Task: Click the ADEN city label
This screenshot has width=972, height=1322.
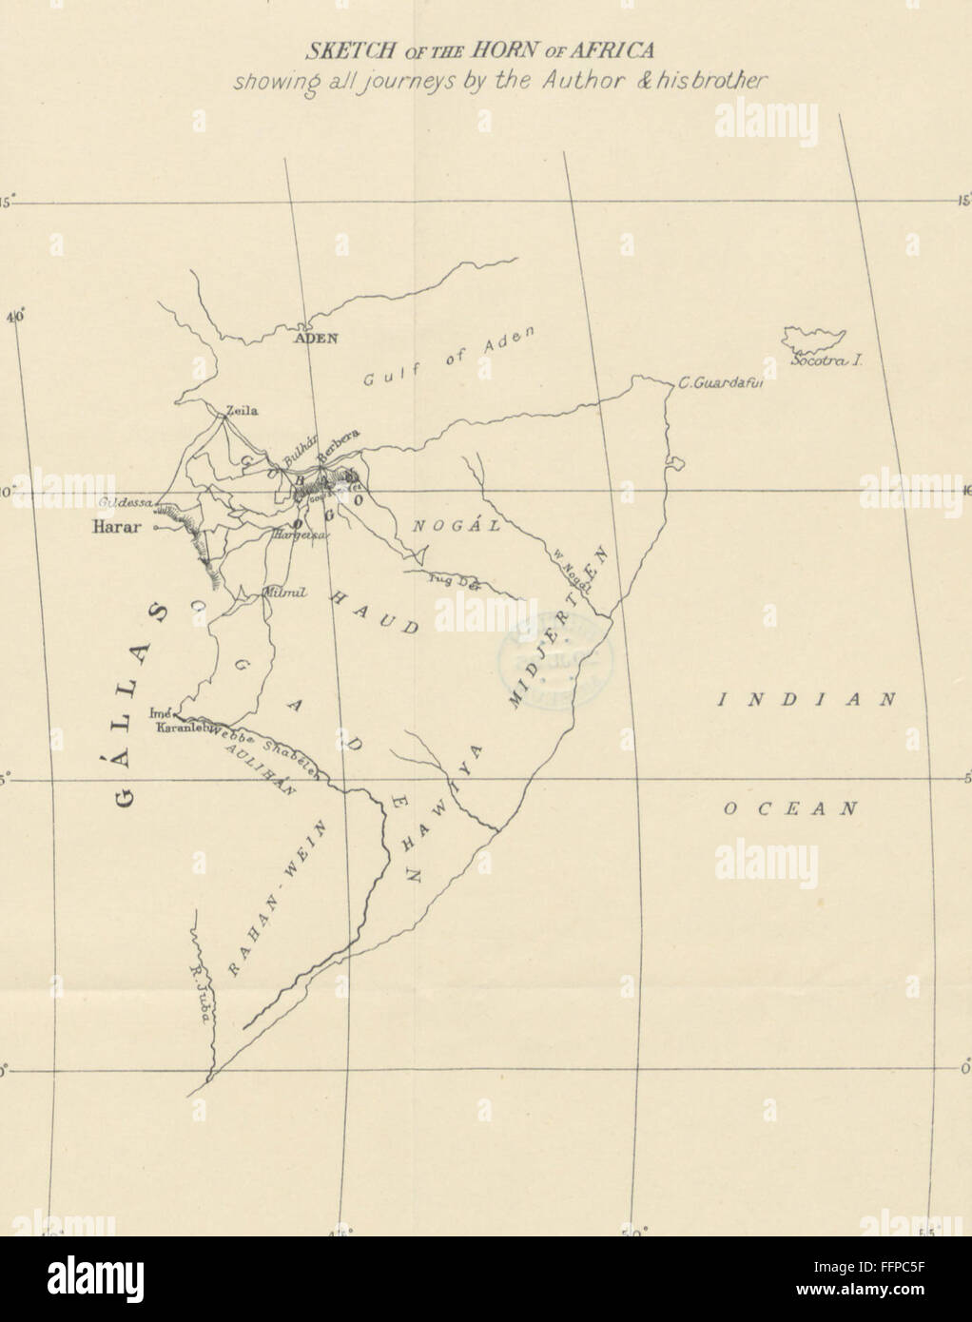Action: [316, 338]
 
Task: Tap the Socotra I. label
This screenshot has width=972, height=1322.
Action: [825, 362]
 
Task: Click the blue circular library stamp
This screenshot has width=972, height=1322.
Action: [554, 655]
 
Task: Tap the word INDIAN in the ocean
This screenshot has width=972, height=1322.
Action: [807, 699]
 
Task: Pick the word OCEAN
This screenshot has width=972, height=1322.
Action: [790, 809]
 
